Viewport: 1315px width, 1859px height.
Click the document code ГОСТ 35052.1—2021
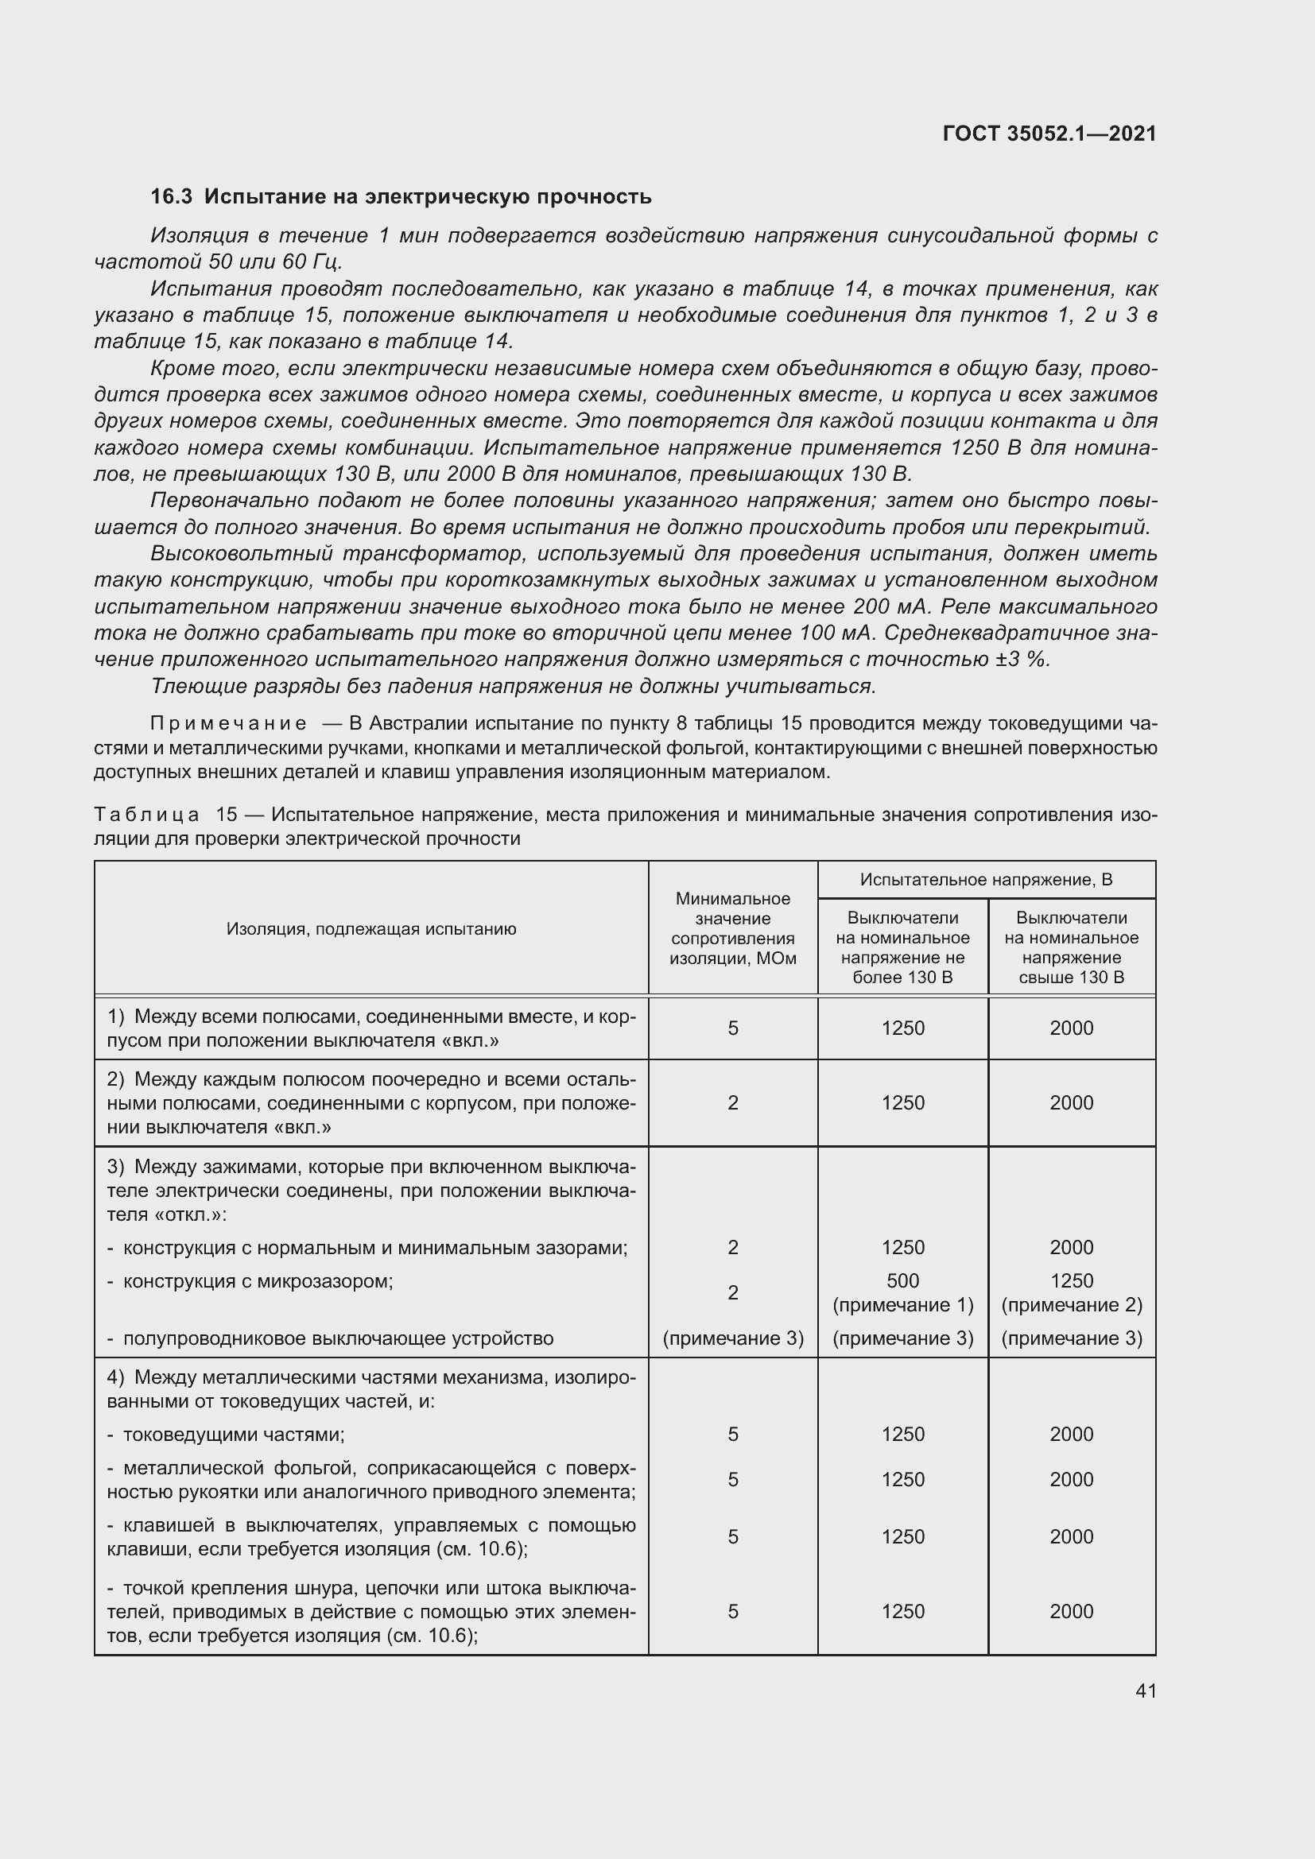click(x=1049, y=134)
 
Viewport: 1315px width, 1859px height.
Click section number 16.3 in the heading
click(x=173, y=197)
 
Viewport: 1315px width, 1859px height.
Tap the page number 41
click(x=1146, y=1691)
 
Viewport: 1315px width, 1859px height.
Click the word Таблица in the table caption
click(x=146, y=814)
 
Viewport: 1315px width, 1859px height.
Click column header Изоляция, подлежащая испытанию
click(x=370, y=928)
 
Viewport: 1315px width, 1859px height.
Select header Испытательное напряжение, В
click(x=986, y=879)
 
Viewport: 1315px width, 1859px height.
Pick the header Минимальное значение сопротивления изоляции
click(x=733, y=928)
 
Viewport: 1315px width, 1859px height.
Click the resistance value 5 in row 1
click(x=733, y=1028)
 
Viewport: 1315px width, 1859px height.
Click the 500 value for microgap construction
click(x=903, y=1281)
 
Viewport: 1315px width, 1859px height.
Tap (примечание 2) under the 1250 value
click(x=1071, y=1305)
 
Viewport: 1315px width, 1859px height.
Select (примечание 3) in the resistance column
click(x=733, y=1338)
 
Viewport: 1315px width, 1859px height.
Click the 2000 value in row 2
click(x=1071, y=1103)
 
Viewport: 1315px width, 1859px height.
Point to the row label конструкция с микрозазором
click(x=258, y=1282)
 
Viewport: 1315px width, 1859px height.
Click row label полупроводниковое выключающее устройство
click(x=338, y=1338)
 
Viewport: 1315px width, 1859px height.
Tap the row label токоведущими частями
click(x=233, y=1435)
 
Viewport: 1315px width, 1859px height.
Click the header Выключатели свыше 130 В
click(x=1071, y=947)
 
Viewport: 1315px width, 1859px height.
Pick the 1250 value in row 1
click(x=903, y=1028)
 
